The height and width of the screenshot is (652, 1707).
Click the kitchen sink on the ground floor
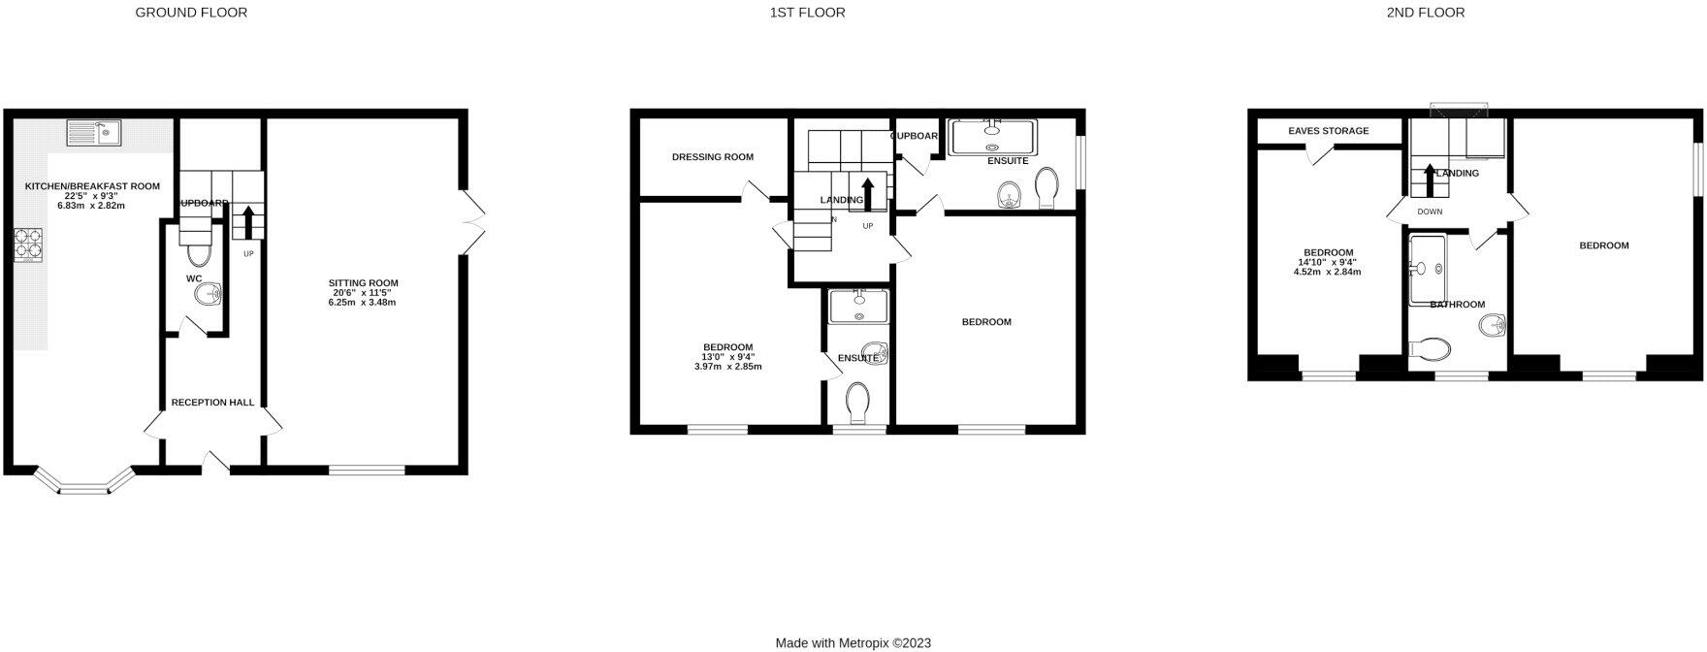93,132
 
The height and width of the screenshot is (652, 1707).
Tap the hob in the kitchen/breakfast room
26,244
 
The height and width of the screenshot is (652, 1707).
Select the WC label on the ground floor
194,278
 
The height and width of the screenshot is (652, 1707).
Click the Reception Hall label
212,402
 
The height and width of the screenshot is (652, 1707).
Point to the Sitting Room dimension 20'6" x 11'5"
362,293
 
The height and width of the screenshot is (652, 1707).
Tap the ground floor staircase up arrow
248,221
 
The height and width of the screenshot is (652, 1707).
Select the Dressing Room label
712,157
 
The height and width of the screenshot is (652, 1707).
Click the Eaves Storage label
1328,131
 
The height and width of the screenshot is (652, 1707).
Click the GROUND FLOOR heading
191,13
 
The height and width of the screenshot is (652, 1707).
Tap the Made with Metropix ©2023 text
853,642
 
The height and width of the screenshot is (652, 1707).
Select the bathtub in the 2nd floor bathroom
1428,269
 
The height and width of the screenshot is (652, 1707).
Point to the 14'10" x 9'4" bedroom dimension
1327,262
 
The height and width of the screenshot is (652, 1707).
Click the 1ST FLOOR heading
807,13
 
